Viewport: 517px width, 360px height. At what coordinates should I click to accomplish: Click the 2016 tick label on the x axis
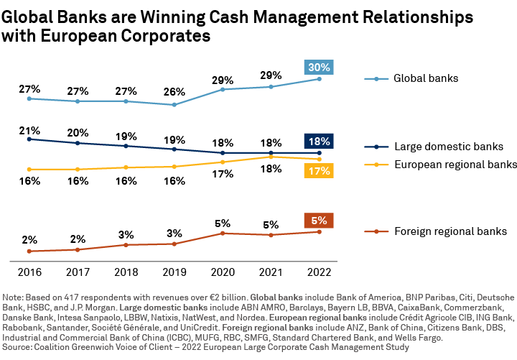29,272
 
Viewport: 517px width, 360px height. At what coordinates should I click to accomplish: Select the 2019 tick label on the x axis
174,272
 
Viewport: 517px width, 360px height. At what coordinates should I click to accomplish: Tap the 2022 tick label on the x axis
320,272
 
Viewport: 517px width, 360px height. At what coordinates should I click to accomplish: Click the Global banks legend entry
426,78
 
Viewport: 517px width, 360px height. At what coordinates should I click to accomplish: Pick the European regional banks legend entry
455,164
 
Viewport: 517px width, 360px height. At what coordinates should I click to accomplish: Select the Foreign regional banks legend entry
450,231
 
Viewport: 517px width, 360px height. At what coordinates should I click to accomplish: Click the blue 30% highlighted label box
320,68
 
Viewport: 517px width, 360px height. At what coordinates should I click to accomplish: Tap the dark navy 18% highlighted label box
320,141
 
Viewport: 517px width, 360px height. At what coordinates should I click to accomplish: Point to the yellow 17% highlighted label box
320,171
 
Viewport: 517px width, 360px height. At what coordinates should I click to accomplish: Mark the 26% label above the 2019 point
174,92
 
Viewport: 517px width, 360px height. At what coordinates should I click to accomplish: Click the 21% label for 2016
29,130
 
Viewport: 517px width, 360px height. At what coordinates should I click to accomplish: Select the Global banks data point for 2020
223,89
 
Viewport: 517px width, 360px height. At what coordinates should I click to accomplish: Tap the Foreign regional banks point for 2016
29,251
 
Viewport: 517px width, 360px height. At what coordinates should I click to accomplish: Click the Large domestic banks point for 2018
126,146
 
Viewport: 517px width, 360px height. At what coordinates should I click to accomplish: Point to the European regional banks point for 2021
271,157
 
